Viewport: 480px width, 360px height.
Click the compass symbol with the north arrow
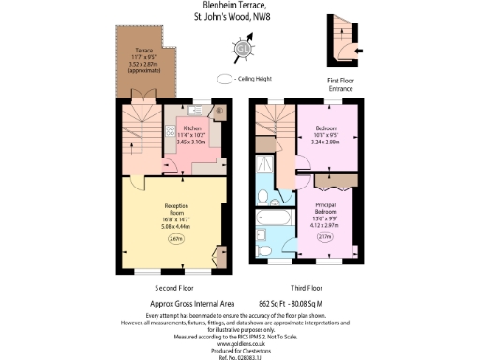[x=245, y=48]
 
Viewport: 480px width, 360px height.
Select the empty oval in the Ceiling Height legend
[x=225, y=80]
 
